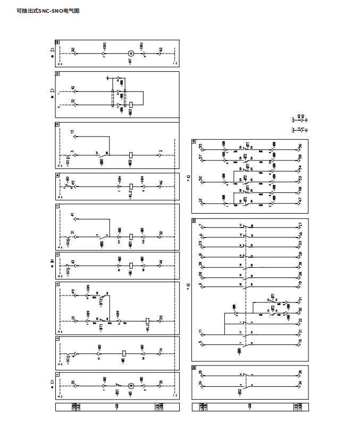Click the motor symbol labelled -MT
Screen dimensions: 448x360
[130, 53]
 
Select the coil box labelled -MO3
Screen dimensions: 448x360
[130, 105]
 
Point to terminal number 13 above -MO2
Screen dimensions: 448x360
[73, 132]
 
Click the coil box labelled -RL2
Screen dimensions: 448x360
[130, 187]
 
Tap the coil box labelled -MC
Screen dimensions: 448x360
[123, 353]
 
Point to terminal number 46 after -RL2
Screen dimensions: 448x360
[161, 183]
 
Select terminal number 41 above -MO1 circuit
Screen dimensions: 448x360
[73, 215]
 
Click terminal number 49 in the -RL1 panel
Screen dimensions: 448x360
[73, 291]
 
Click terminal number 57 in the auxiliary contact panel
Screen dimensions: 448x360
[200, 157]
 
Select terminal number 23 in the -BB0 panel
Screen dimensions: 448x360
[200, 243]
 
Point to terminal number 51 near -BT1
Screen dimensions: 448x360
[300, 300]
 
